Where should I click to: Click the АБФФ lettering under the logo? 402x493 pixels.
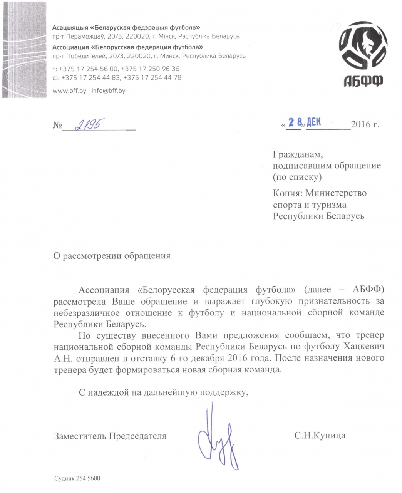pos(358,82)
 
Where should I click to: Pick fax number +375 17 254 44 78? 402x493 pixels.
pos(153,77)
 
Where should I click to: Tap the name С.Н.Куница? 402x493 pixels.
pos(320,436)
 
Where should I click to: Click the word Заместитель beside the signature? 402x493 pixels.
pos(80,436)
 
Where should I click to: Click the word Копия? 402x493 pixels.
pos(286,193)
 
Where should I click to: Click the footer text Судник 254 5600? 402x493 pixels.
pos(77,478)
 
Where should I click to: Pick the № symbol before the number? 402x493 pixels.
pos(57,125)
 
